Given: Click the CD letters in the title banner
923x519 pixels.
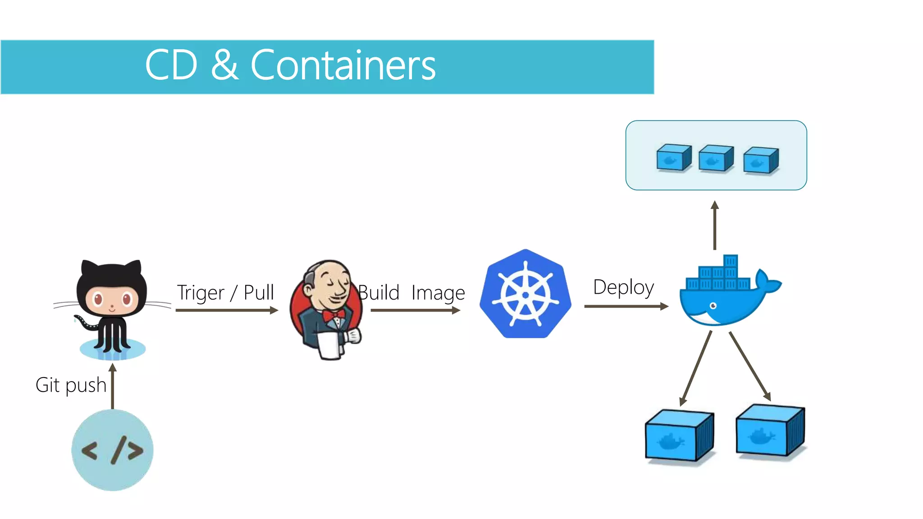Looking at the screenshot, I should point(171,66).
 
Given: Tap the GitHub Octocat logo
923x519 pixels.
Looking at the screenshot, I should point(112,306).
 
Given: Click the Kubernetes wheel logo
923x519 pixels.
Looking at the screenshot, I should point(525,294).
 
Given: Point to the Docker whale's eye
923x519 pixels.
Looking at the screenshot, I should point(713,306).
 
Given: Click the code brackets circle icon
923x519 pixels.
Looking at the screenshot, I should point(112,450).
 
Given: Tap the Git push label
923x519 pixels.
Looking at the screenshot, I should point(71,385).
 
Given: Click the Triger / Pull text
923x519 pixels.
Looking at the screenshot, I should point(225,292).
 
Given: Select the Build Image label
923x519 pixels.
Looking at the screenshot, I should point(411,293).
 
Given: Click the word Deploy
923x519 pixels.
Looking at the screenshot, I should point(623,287).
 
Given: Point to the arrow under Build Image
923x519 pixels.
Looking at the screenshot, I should point(415,310).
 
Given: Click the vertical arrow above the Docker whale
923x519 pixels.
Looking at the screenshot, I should point(715,225).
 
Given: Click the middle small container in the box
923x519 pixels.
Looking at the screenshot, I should point(716,158).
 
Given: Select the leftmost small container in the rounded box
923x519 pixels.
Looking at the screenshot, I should point(674,157).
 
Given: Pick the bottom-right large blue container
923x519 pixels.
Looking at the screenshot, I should point(770,430).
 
